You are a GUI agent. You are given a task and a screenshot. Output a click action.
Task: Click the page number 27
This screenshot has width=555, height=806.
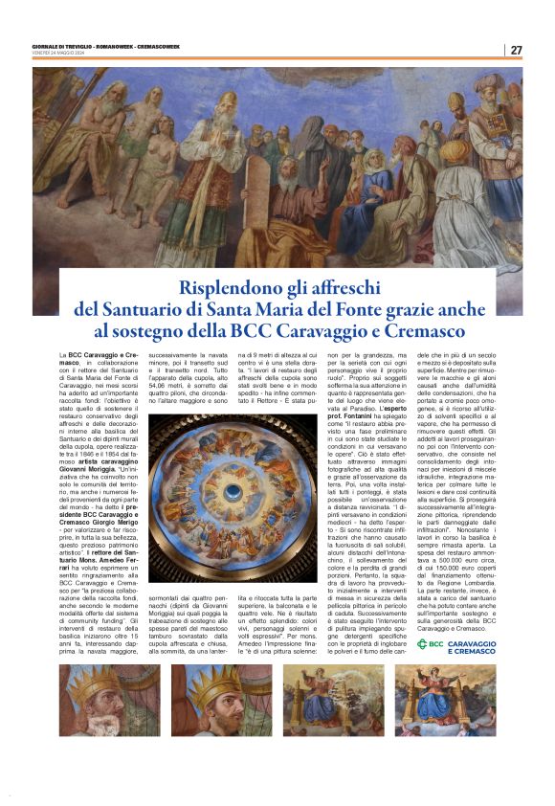point(516,50)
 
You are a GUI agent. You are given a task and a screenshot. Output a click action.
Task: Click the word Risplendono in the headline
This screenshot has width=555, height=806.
point(233,286)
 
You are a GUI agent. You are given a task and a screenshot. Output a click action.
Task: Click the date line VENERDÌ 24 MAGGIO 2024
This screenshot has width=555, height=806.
point(57,53)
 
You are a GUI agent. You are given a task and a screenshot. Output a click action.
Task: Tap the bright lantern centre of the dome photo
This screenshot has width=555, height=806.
point(233,491)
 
